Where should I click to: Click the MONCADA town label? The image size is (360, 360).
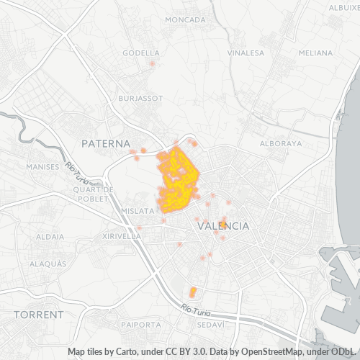point(185,19)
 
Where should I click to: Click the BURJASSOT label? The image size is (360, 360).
point(137,98)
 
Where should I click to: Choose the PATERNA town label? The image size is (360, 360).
point(105,144)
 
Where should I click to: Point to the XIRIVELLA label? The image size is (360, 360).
point(122,235)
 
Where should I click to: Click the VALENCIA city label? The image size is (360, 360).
point(223,226)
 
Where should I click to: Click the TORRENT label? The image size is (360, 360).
point(38,315)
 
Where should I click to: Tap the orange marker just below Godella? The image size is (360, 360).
point(152,63)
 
